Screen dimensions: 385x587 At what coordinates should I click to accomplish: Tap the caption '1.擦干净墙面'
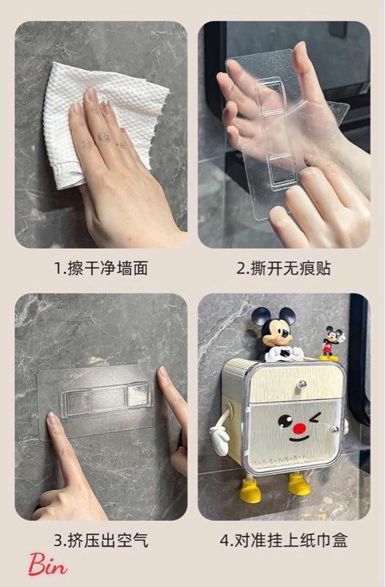click(101, 269)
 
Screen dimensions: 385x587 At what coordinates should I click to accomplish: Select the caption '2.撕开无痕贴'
click(284, 269)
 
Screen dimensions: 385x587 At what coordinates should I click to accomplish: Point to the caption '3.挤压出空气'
click(101, 540)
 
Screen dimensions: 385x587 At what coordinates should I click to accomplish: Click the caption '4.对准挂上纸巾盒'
click(284, 540)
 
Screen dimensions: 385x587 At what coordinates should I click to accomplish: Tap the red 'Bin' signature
click(48, 564)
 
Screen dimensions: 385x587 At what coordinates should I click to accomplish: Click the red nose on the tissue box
click(299, 429)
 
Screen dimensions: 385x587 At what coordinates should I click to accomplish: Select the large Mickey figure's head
click(275, 327)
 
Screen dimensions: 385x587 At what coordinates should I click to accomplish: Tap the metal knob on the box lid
click(301, 384)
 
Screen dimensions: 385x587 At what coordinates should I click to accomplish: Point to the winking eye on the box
click(315, 418)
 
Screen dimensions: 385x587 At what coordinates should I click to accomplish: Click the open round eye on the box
click(285, 420)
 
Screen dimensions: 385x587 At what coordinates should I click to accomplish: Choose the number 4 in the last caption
click(224, 541)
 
